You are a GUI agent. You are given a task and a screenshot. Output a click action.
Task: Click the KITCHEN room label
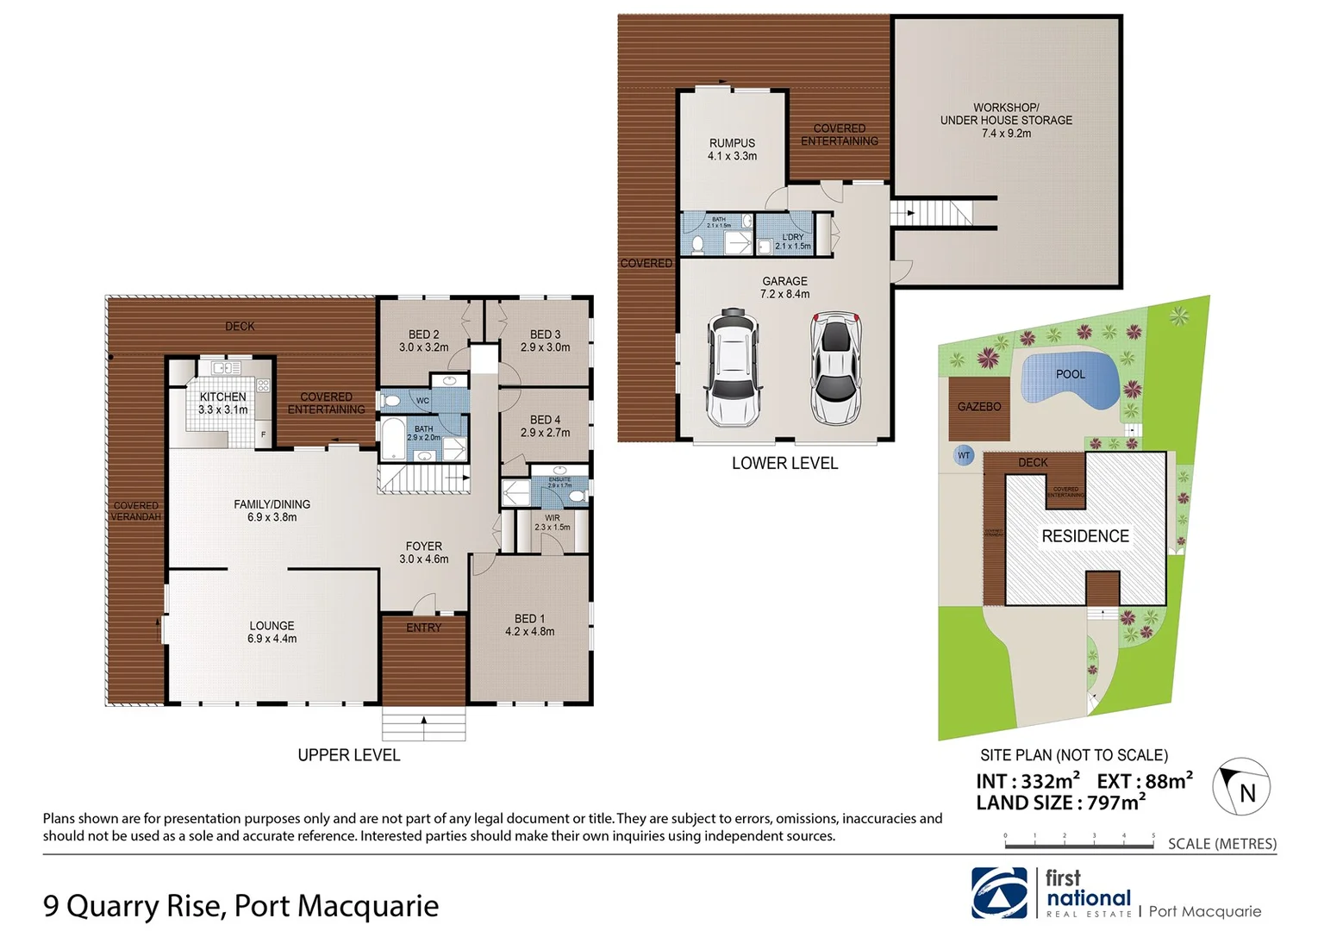pos(222,403)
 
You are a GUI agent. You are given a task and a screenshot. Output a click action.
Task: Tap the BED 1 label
pos(529,625)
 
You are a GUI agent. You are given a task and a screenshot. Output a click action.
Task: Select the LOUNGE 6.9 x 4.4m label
pos(272,632)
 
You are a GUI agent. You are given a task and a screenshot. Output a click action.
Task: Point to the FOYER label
pos(423,552)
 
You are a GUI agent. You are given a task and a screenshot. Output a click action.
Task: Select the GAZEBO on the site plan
pos(979,406)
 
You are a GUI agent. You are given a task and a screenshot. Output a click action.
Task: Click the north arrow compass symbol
pos(1240,787)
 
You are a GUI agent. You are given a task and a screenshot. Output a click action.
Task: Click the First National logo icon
pos(999,893)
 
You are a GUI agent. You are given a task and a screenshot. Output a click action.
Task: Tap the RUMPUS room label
pos(732,149)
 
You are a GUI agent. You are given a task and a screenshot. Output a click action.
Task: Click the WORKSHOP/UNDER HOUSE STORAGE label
pos(1006,121)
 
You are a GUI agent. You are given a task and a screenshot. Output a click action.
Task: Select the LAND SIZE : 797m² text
pos(1060,803)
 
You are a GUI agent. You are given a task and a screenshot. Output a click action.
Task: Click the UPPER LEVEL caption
pos(348,755)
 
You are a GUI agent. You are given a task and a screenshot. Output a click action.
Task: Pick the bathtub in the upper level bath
pos(392,439)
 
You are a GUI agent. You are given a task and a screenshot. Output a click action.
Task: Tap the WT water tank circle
pos(964,455)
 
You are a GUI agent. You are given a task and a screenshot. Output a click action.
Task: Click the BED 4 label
pos(545,426)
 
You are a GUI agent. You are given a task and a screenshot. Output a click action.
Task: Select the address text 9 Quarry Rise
pos(134,906)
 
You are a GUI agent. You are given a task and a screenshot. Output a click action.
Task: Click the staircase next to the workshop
pos(943,212)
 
